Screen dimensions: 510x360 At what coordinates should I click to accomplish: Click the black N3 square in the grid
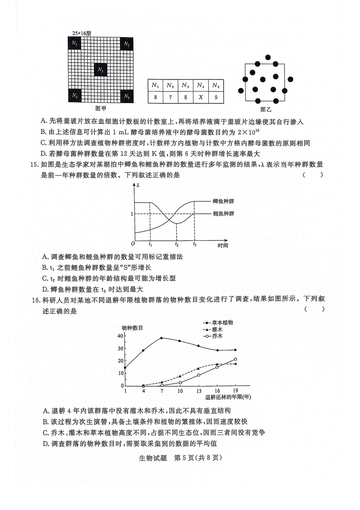pyautogui.click(x=100, y=70)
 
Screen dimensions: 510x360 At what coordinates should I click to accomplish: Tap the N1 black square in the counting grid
pyautogui.click(x=74, y=44)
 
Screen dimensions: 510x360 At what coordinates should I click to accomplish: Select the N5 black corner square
pyautogui.click(x=127, y=96)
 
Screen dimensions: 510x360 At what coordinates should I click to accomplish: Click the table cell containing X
pyautogui.click(x=201, y=97)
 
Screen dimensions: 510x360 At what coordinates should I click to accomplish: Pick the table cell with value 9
pyautogui.click(x=216, y=97)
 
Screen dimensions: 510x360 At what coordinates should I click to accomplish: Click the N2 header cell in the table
pyautogui.click(x=170, y=86)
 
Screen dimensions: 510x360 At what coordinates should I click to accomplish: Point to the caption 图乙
pyautogui.click(x=266, y=109)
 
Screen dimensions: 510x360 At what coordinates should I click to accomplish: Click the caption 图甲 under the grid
pyautogui.click(x=100, y=108)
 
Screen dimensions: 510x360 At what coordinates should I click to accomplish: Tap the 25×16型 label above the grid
pyautogui.click(x=82, y=33)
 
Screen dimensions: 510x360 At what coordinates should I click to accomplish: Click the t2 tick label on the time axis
pyautogui.click(x=177, y=245)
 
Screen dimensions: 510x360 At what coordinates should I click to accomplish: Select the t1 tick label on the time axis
pyautogui.click(x=150, y=245)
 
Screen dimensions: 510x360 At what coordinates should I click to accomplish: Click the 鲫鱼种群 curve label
pyautogui.click(x=223, y=201)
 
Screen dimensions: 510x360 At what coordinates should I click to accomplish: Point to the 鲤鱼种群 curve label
pyautogui.click(x=223, y=214)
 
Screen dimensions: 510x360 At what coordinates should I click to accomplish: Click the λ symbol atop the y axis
pyautogui.click(x=138, y=185)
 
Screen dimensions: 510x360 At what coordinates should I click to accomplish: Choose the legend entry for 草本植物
pyautogui.click(x=222, y=322)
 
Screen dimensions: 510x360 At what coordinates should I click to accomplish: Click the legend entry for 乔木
pyautogui.click(x=217, y=336)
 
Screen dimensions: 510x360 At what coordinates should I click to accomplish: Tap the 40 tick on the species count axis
pyautogui.click(x=120, y=336)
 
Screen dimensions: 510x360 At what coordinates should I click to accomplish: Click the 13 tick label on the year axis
pyautogui.click(x=199, y=391)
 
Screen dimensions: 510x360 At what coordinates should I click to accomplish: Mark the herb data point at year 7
pyautogui.click(x=161, y=338)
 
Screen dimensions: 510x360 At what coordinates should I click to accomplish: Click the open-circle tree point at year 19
pyautogui.click(x=235, y=359)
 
